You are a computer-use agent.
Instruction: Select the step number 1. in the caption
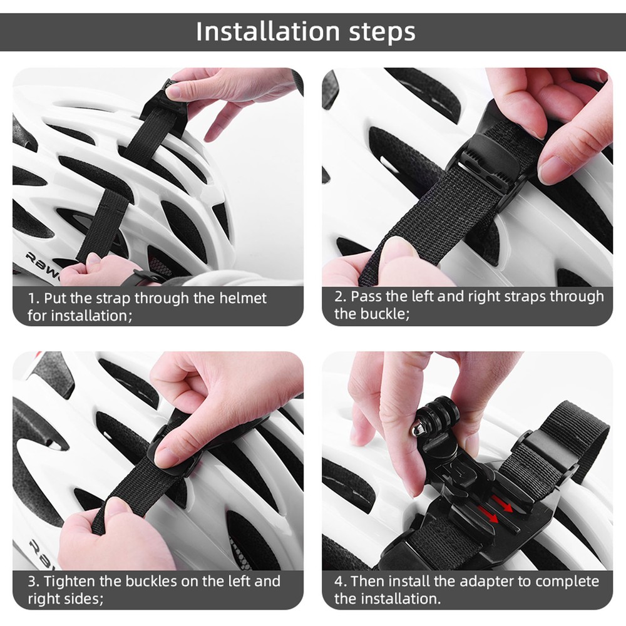click(34, 298)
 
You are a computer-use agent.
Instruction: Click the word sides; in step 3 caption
click(81, 599)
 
